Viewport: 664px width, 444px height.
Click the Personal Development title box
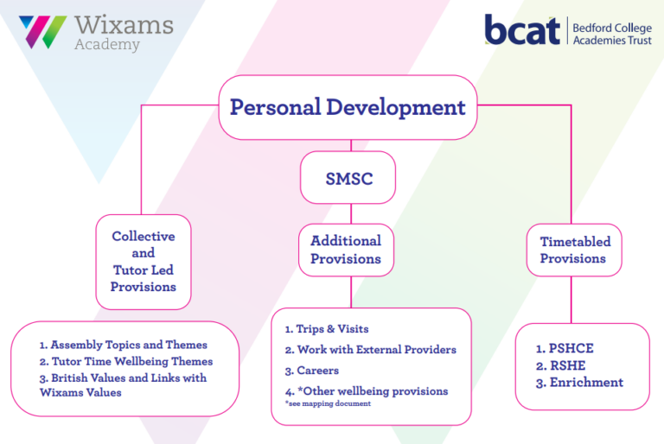pyautogui.click(x=348, y=107)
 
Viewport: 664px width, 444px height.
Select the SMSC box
pyautogui.click(x=348, y=177)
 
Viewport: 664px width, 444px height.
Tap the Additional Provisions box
pyautogui.click(x=346, y=251)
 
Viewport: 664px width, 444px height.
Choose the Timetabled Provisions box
pyautogui.click(x=574, y=251)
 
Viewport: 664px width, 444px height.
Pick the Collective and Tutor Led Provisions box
pyautogui.click(x=144, y=262)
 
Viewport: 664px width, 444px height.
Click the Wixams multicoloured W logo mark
pyautogui.click(x=42, y=32)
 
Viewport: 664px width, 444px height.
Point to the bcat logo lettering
pyautogui.click(x=522, y=29)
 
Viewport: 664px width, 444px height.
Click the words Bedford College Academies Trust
pyautogui.click(x=612, y=34)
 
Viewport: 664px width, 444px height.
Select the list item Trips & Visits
pyautogui.click(x=327, y=329)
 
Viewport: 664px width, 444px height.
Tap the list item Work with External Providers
pyautogui.click(x=371, y=350)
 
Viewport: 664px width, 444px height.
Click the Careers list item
pyautogui.click(x=311, y=371)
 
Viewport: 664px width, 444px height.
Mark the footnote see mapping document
pyautogui.click(x=328, y=403)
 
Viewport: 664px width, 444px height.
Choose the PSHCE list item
pyautogui.click(x=565, y=348)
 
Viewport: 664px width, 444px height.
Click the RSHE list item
pyautogui.click(x=560, y=365)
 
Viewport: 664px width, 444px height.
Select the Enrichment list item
pyautogui.click(x=579, y=383)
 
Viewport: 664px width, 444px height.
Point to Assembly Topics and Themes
pyautogui.click(x=124, y=345)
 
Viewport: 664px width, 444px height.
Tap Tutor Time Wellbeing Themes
pyautogui.click(x=126, y=361)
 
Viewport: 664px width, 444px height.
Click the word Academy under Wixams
pyautogui.click(x=107, y=44)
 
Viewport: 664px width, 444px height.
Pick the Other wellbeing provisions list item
pyautogui.click(x=367, y=391)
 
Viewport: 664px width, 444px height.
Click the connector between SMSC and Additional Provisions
pyautogui.click(x=351, y=213)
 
